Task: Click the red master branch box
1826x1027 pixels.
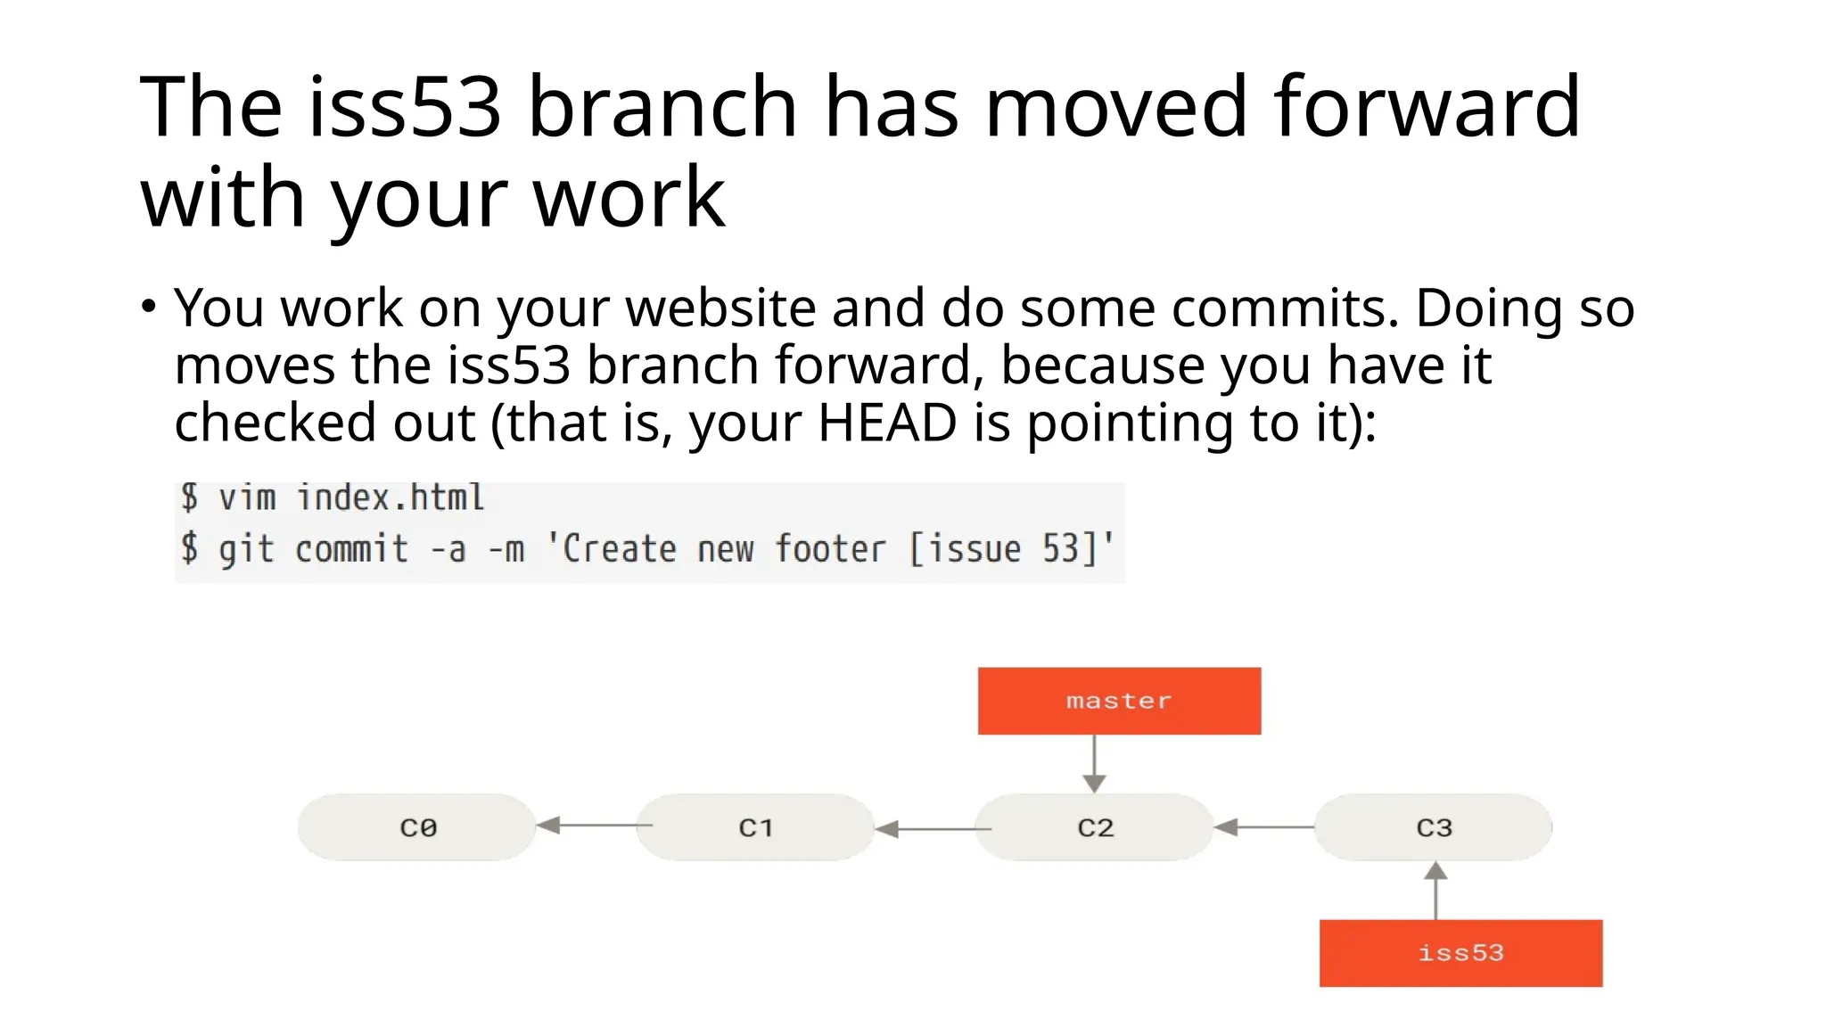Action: (1119, 701)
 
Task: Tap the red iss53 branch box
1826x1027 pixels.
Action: (1460, 953)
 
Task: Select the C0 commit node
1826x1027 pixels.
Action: (417, 827)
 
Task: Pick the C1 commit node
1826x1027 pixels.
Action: (755, 827)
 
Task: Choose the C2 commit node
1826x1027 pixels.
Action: (1095, 827)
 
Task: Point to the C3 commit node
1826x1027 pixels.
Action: (1434, 827)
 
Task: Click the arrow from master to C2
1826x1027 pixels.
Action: (1094, 764)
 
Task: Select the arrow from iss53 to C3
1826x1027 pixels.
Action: (1435, 891)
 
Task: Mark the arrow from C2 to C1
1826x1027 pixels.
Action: (933, 829)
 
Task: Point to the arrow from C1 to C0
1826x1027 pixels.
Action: (594, 826)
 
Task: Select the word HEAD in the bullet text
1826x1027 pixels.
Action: (886, 423)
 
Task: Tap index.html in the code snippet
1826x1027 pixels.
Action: (391, 497)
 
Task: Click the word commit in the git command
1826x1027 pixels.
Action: (351, 549)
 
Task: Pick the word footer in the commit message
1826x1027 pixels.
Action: (830, 549)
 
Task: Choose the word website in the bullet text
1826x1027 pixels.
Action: (720, 308)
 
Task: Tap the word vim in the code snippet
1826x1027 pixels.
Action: (247, 497)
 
